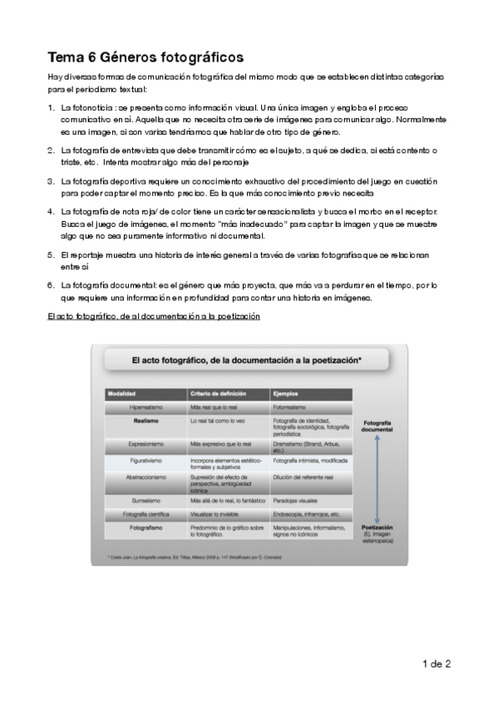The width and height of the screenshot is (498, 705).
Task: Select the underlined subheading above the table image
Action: (154, 317)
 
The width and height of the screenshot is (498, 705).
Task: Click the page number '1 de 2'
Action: (436, 663)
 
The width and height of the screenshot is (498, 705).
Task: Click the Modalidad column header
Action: (121, 392)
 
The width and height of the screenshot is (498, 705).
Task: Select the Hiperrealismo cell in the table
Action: (145, 407)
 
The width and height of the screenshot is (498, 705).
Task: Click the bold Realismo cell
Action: (145, 422)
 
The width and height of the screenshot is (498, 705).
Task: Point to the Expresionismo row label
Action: (145, 445)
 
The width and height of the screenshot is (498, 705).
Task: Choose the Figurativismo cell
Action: (145, 460)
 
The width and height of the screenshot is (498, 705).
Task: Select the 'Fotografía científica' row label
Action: (145, 515)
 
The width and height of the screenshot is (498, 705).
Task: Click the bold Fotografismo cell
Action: (145, 529)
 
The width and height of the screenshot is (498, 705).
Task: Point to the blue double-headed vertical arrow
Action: (377, 477)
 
